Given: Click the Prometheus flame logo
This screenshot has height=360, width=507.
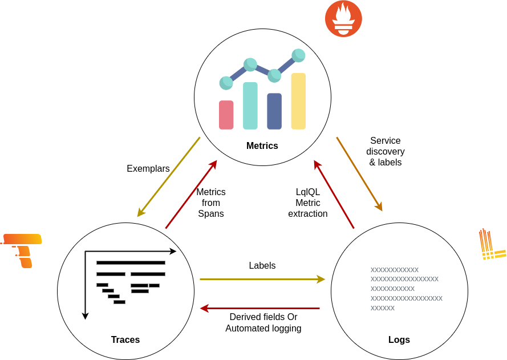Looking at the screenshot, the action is (x=343, y=19).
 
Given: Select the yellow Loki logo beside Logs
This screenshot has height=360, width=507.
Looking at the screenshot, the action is (x=492, y=244).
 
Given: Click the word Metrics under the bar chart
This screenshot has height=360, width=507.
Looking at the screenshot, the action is (x=262, y=146).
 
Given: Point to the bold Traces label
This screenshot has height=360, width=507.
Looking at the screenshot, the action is (x=125, y=339).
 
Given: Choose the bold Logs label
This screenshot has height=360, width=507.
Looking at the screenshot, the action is (x=399, y=339).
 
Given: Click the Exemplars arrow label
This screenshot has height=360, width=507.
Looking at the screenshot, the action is (x=148, y=168).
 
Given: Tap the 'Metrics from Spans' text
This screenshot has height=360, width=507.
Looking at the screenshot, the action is (x=211, y=203).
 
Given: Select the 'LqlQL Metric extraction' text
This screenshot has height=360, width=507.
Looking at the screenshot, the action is (x=308, y=203).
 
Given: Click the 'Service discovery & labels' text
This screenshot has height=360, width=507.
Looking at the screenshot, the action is (x=386, y=151).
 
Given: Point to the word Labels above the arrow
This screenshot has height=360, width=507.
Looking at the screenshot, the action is (x=262, y=265).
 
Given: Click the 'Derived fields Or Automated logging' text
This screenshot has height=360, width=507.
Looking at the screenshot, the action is (x=263, y=322).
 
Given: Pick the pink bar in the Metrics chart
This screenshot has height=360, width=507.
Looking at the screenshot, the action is (x=226, y=115).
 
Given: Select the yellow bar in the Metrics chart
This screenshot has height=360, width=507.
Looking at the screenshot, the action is (x=298, y=101).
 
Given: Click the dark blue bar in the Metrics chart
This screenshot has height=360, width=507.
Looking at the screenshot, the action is (x=274, y=111).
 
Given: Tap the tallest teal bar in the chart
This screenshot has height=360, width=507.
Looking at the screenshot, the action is (x=250, y=106).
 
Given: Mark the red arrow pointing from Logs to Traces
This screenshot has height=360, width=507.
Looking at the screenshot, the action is (x=260, y=309).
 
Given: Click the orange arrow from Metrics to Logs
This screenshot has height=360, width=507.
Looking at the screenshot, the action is (x=359, y=174).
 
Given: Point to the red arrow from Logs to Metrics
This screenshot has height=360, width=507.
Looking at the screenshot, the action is (x=334, y=194).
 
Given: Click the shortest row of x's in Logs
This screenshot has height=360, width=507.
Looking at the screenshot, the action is (x=383, y=308).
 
